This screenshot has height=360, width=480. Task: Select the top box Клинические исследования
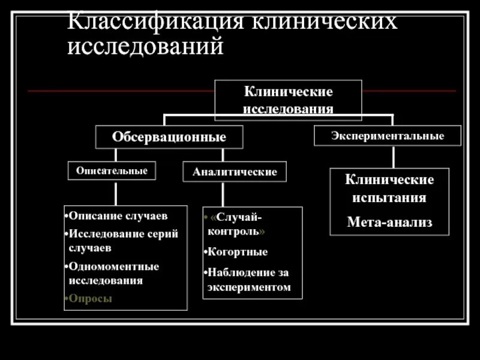[x=288, y=100]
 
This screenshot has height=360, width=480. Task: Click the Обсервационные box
[x=169, y=137]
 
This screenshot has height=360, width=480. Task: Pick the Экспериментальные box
[x=388, y=136]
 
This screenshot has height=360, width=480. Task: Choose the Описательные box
[x=112, y=170]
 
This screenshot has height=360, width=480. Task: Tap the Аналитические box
[x=235, y=172]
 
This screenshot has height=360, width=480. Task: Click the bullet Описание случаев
[x=118, y=215]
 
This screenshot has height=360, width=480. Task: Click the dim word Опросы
[x=90, y=298]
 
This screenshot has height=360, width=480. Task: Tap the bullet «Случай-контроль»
[x=237, y=223]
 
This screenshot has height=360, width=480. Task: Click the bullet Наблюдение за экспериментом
[x=248, y=280]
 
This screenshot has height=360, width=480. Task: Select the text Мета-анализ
[x=389, y=223]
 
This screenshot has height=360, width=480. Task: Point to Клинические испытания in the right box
[x=389, y=188]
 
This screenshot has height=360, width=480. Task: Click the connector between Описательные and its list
[x=116, y=192]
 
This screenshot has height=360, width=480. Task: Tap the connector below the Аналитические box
[x=223, y=194]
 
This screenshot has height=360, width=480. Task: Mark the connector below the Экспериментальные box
[x=393, y=157]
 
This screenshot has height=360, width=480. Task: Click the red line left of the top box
[x=120, y=91]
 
